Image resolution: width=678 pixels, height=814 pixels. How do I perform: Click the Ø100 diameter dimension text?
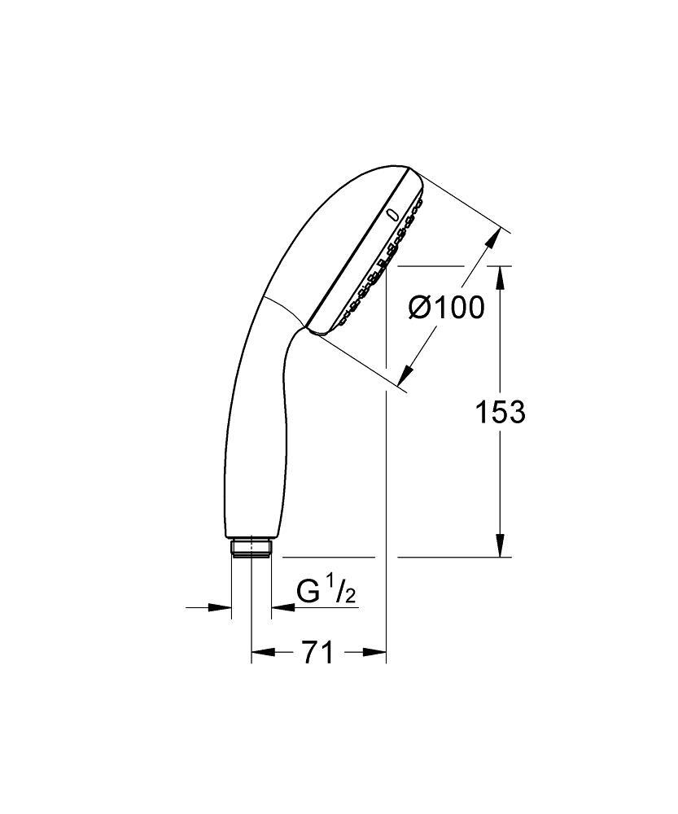[446, 308]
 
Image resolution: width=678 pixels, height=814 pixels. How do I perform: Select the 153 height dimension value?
[500, 413]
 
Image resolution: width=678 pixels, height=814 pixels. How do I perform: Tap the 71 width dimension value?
[318, 652]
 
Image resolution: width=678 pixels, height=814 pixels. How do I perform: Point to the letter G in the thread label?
[308, 591]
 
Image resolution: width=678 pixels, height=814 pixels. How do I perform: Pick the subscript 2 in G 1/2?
[349, 597]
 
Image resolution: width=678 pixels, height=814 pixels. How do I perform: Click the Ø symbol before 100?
[418, 308]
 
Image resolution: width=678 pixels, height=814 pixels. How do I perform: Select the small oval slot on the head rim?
[393, 216]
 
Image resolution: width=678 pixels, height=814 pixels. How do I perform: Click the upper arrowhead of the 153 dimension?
[500, 277]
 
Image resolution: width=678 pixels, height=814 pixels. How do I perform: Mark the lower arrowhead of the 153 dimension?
[500, 545]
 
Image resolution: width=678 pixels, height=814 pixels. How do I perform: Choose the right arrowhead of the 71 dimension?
[374, 652]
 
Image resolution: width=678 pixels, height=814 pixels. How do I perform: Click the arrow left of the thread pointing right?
[220, 607]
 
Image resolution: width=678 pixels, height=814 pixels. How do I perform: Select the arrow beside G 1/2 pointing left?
[281, 607]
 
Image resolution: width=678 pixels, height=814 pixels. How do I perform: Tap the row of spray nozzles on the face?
[383, 260]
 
